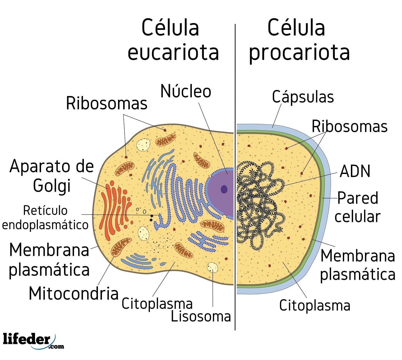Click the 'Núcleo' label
pos(185,91)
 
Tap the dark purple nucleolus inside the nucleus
pos(224,189)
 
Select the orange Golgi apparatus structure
pos(113,210)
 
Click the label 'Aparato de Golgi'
pos(52,176)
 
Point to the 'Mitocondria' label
pos(74,294)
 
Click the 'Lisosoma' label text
pos(201,316)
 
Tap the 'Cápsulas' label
pos(303,97)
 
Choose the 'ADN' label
pos(355,171)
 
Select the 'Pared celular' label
pos(357,207)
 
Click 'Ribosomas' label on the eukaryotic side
pos(107,103)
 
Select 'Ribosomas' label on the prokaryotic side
pos(349,126)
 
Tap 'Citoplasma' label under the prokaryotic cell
pos(314,305)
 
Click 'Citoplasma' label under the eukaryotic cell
pos(157,304)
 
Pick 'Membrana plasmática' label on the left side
pos(49,260)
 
